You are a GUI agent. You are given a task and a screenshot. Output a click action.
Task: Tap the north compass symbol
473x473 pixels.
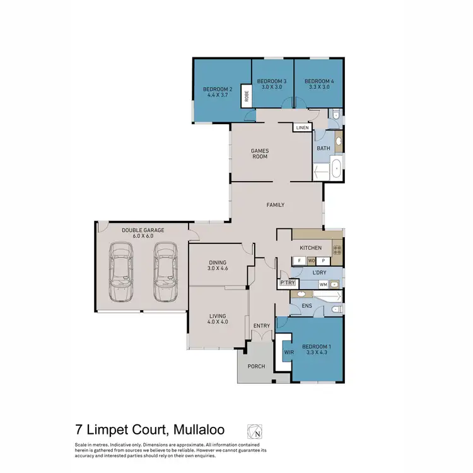pos(255,432)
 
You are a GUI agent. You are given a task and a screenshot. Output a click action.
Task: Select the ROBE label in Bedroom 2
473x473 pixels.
pos(247,96)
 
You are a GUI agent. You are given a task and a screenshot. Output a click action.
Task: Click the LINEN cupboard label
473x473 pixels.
pos(302,128)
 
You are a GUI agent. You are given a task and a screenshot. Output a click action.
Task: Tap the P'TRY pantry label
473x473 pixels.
pos(288,283)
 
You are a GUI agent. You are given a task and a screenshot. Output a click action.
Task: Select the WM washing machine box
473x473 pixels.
pos(323,284)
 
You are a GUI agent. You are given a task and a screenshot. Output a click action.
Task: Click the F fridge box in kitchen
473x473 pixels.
pos(299,260)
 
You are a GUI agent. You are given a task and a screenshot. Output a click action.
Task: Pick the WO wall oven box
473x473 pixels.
pos(311,260)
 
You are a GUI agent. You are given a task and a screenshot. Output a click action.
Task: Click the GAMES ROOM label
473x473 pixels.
pos(260,153)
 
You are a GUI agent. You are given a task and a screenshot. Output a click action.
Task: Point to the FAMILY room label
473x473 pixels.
pos(276,205)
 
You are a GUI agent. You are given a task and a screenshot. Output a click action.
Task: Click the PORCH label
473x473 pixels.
pos(257,366)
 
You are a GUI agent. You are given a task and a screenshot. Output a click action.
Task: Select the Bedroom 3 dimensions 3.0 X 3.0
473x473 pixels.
pos(272,89)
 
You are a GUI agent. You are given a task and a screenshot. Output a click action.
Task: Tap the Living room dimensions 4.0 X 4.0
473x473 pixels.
pos(216,323)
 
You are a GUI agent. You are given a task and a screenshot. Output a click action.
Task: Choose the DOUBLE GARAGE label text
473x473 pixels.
pos(143,230)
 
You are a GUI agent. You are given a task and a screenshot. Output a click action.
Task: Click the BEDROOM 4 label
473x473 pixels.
pos(319,81)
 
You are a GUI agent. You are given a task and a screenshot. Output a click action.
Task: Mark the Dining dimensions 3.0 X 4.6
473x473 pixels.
pos(216,270)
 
